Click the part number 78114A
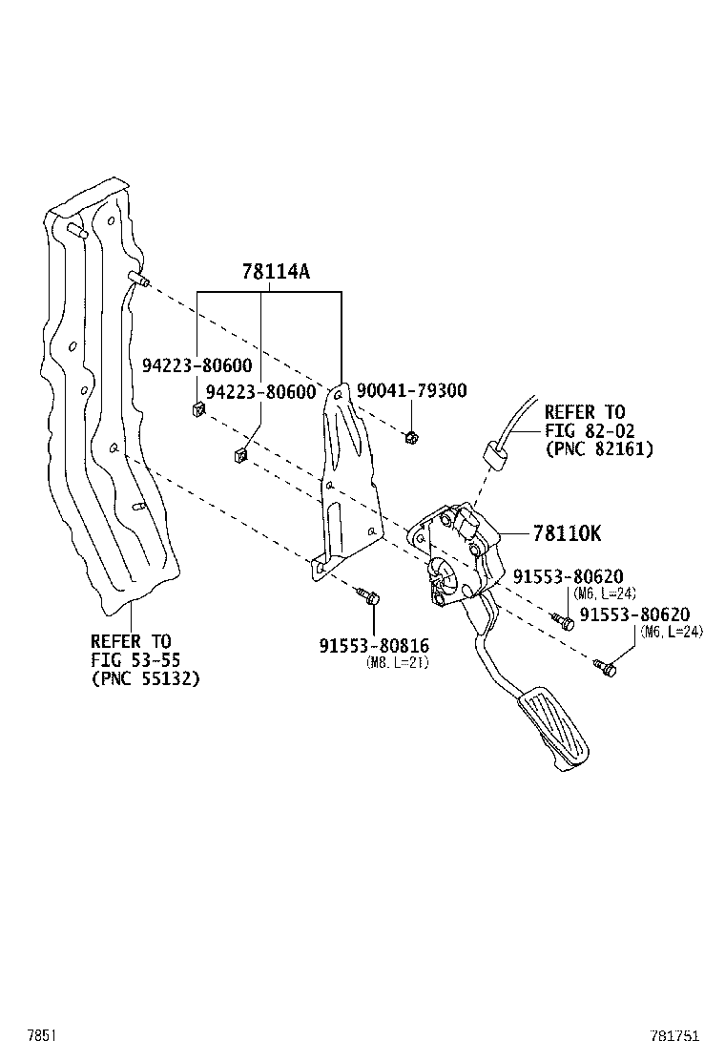tap(276, 271)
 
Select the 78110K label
tap(567, 533)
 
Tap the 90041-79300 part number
tap(411, 390)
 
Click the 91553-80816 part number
tap(374, 646)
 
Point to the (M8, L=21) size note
tap(398, 663)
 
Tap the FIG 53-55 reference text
tap(135, 659)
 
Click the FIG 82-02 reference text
tap(590, 430)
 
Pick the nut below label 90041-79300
tap(410, 438)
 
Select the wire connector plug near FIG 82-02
tap(493, 452)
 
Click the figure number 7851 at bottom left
tap(41, 1034)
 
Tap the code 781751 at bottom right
tap(674, 1034)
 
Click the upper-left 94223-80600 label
tap(197, 365)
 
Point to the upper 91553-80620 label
tap(569, 576)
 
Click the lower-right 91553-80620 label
tap(635, 614)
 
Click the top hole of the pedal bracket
tap(337, 392)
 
